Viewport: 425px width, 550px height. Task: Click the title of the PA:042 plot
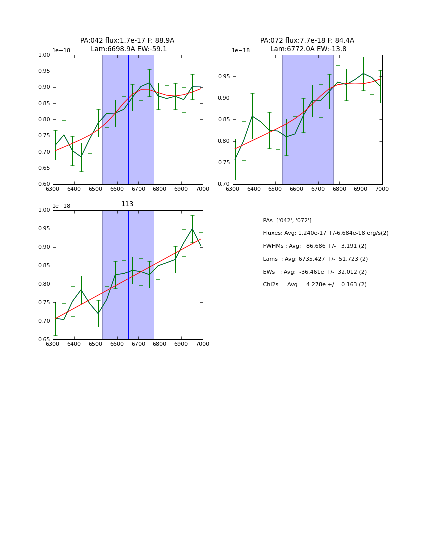[x=127, y=45]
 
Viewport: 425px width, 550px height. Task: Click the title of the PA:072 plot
[x=307, y=45]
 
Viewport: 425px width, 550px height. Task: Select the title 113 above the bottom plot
[x=127, y=204]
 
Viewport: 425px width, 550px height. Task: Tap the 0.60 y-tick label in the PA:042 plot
[x=44, y=184]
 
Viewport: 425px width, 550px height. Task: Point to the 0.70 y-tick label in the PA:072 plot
[x=224, y=184]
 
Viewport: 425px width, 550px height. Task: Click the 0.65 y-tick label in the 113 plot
[x=44, y=340]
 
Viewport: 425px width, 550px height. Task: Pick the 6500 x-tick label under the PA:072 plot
[x=275, y=189]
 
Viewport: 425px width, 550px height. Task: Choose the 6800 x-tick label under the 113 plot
[x=160, y=345]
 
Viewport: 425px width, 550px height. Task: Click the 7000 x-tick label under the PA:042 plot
[x=202, y=189]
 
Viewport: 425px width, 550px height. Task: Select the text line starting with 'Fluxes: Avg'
[x=325, y=233]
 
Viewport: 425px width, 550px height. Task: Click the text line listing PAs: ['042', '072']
[x=287, y=220]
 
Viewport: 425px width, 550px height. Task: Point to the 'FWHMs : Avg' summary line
[x=315, y=246]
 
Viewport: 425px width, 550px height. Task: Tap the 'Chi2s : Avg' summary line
[x=315, y=285]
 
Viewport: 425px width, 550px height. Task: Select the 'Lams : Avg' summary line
[x=315, y=259]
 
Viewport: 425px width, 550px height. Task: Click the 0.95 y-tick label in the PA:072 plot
[x=224, y=77]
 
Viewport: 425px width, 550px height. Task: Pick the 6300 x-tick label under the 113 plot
[x=53, y=345]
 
